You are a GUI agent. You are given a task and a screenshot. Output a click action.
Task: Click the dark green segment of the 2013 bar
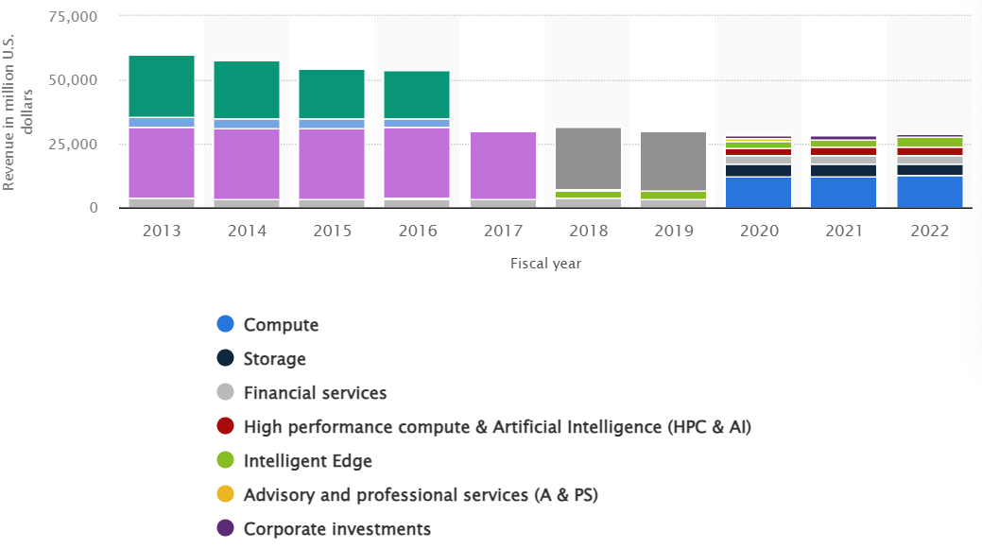click(x=162, y=86)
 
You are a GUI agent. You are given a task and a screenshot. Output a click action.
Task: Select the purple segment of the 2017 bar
click(x=503, y=165)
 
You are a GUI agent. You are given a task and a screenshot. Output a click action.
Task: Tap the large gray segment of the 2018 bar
click(x=588, y=159)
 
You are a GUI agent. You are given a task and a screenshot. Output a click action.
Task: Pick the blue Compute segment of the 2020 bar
click(x=758, y=192)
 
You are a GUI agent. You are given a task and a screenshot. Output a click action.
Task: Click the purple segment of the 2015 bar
click(x=332, y=163)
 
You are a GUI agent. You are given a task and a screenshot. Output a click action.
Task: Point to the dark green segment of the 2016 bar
click(x=417, y=94)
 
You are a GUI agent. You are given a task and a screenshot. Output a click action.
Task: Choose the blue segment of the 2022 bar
click(x=928, y=192)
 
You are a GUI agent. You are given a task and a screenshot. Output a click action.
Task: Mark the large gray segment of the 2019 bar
click(x=673, y=162)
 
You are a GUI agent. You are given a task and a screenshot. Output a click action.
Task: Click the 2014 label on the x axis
click(x=247, y=231)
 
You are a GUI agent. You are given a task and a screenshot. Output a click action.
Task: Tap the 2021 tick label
click(x=843, y=231)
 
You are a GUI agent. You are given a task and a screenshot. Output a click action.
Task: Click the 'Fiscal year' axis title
click(x=544, y=264)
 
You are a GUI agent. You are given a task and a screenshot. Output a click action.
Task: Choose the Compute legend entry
click(x=281, y=325)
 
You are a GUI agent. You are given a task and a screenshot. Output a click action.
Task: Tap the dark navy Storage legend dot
click(x=225, y=359)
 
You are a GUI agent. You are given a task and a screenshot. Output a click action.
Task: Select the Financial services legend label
click(x=315, y=393)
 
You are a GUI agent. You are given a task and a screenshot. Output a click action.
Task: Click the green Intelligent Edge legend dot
click(x=225, y=461)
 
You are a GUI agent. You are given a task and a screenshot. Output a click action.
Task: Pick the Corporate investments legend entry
click(x=336, y=529)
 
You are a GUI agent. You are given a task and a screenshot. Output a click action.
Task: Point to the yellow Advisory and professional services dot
click(x=225, y=495)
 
